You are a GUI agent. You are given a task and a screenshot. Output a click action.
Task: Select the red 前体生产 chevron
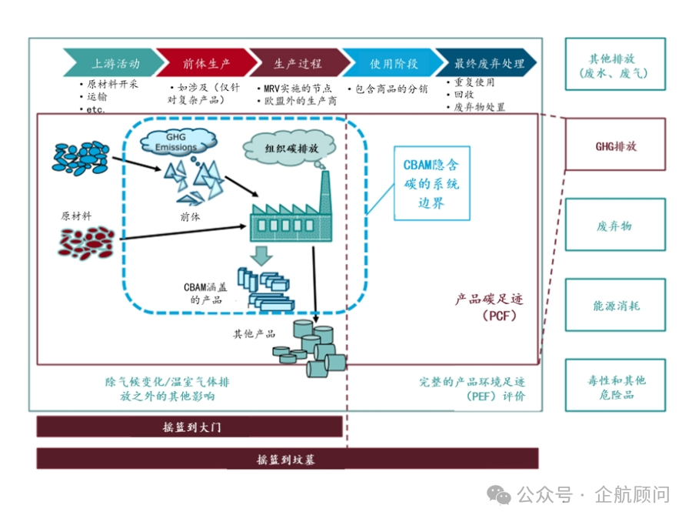pos(205,63)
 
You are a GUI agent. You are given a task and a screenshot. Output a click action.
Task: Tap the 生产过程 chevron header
pos(296,63)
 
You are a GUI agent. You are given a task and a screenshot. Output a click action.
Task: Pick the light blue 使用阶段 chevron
pos(389,63)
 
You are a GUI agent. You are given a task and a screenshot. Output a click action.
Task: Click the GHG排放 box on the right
pos(615,145)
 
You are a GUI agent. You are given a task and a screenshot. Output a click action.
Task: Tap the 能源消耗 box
pos(615,306)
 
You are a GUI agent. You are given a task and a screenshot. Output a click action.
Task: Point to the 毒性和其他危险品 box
pos(615,386)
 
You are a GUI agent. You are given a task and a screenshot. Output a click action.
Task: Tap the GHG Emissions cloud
pos(176,142)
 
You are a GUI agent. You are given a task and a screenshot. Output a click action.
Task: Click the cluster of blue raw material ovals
pos(80,156)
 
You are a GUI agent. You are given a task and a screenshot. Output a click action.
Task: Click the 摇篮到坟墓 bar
pos(287,460)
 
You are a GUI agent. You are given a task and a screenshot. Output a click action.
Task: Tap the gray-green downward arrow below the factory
pos(264,256)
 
